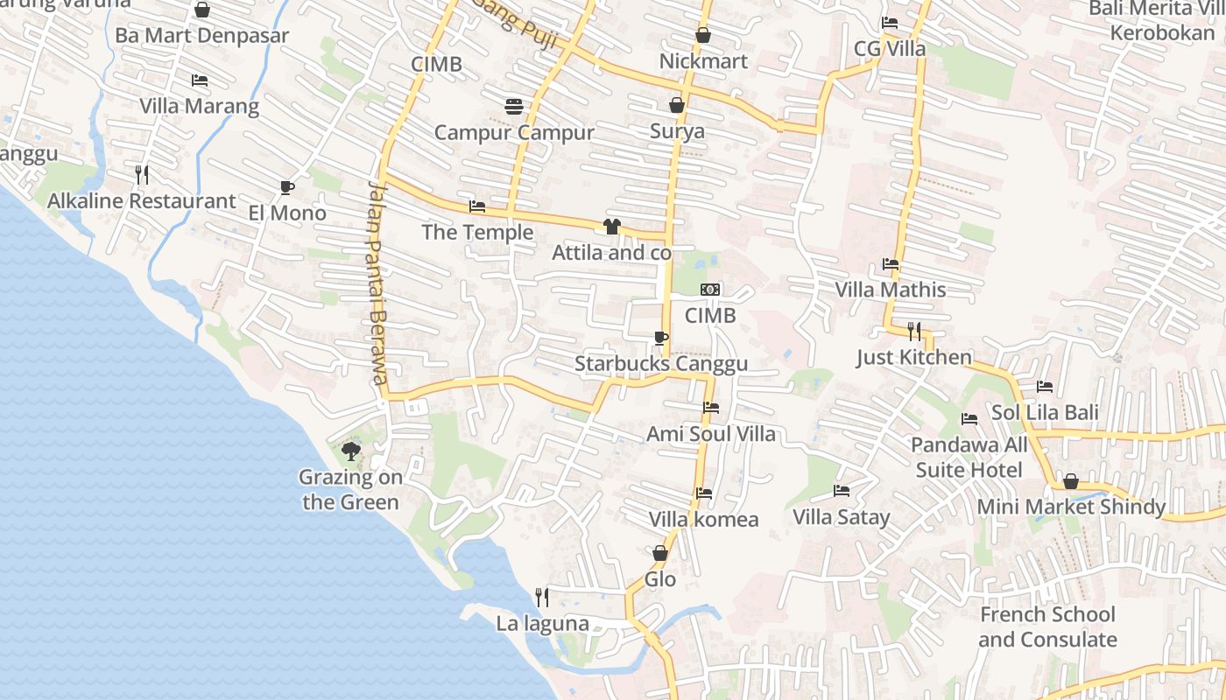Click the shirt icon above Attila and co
tap(611, 227)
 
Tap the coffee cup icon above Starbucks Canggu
tap(661, 338)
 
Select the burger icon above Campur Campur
tap(514, 107)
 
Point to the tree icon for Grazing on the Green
tap(350, 451)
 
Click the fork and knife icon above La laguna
tap(542, 598)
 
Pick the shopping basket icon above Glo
tap(660, 553)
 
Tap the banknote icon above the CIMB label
tap(710, 289)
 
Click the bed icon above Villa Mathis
tap(891, 263)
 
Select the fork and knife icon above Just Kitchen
tap(913, 331)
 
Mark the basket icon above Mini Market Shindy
tap(1070, 481)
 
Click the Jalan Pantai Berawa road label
tap(377, 283)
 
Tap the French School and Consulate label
tap(1047, 626)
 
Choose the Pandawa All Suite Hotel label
tap(969, 458)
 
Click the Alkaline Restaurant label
tap(142, 201)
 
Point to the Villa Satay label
tap(841, 517)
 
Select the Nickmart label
tap(703, 61)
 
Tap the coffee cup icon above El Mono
tap(286, 187)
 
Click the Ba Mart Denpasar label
tap(202, 36)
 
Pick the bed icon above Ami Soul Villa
tap(710, 408)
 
